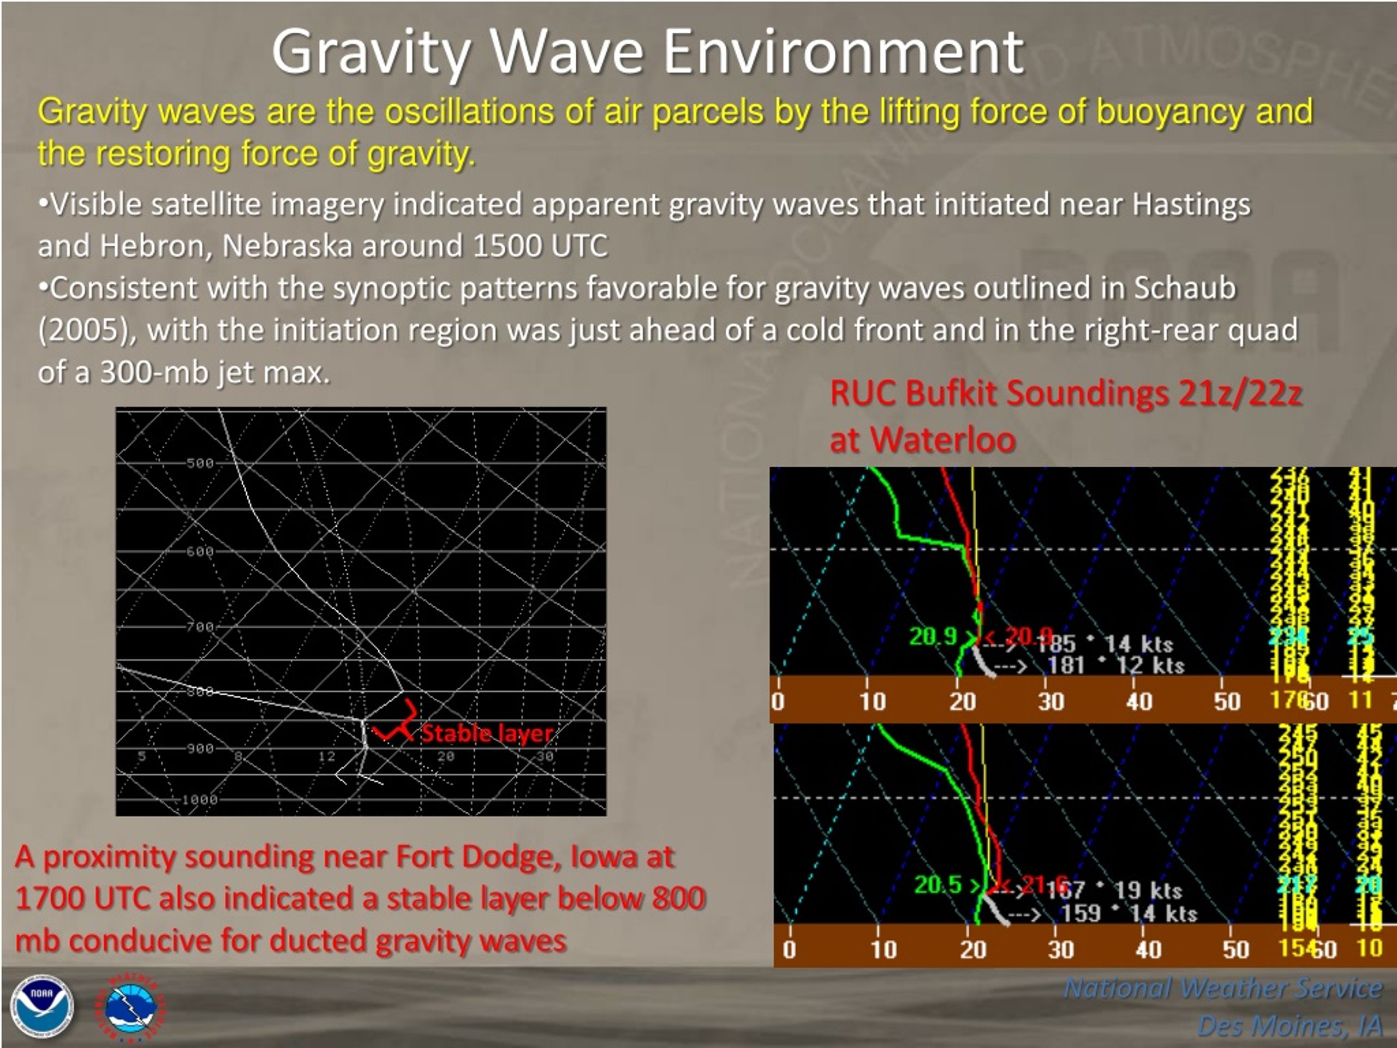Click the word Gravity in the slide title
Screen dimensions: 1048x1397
(x=372, y=53)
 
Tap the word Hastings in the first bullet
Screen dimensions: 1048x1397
(x=1191, y=205)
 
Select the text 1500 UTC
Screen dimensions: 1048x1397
(x=540, y=246)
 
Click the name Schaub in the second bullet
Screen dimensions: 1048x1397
(x=1184, y=289)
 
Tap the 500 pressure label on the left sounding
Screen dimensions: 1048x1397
(x=200, y=463)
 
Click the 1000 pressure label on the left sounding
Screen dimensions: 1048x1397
(x=200, y=800)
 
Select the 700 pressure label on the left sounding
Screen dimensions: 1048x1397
(x=200, y=627)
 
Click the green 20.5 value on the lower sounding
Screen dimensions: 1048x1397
(x=938, y=885)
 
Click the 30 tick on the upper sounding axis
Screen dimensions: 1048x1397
(x=1050, y=701)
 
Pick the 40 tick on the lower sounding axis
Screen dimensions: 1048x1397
(x=1148, y=949)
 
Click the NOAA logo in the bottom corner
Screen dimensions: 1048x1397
(x=41, y=1007)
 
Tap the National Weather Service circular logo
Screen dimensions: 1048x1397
(x=132, y=1008)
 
